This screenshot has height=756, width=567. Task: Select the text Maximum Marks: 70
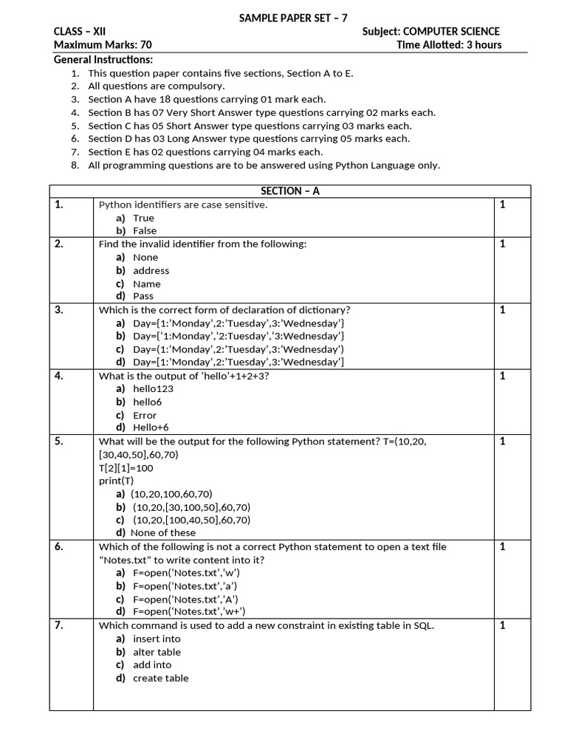coord(103,44)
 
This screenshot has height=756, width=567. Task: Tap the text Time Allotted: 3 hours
coord(449,44)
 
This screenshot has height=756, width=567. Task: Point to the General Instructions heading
coord(103,59)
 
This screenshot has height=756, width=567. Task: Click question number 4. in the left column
coord(59,376)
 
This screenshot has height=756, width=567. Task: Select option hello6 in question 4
coord(147,402)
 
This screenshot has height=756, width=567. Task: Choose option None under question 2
coord(145,258)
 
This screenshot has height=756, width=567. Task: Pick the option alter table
coord(157,652)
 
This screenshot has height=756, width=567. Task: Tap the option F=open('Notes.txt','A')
coord(185,599)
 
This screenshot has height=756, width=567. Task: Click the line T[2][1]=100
coord(126,468)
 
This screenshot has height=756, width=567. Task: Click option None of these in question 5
coord(162,532)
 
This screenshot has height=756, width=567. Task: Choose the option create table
coord(160,678)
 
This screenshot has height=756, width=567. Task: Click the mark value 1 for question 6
coord(503,546)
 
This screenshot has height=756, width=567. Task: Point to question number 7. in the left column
coord(59,625)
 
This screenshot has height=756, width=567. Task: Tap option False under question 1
coord(145,230)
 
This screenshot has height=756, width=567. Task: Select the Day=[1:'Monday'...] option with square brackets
coord(238,362)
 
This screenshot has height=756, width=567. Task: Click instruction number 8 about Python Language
coord(264,165)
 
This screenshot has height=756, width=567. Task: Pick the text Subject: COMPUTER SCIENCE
coord(431,31)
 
